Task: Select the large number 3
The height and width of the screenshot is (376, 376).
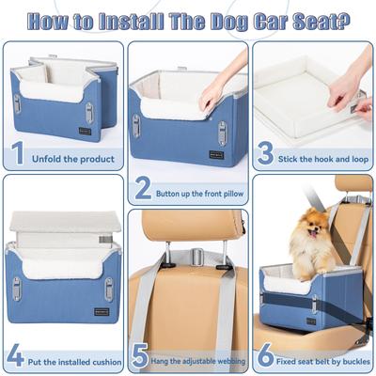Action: pos(266,152)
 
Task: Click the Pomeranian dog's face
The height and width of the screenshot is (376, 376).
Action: pos(305,232)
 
